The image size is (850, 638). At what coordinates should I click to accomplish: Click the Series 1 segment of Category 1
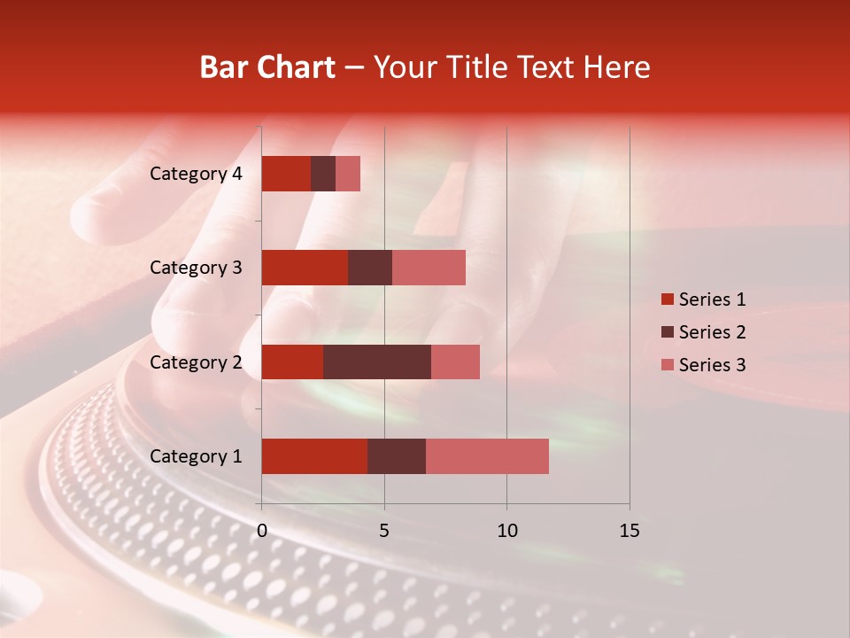[314, 456]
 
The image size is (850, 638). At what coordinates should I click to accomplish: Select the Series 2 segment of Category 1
[397, 456]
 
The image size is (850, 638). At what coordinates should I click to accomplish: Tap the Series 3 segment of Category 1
[487, 456]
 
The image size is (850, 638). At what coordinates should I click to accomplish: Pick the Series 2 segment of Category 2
[377, 362]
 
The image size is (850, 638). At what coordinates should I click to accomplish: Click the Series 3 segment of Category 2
[455, 362]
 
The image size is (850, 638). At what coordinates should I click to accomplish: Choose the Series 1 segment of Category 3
[305, 268]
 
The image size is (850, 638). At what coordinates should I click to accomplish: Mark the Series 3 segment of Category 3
[429, 268]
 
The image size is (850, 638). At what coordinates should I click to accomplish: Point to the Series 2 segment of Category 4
[323, 174]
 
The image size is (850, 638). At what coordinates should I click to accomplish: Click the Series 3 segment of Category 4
[348, 174]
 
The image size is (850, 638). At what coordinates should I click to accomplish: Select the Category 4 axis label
[196, 174]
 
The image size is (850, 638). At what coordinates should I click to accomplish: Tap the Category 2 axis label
[196, 362]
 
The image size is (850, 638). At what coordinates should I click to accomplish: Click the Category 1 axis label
[196, 456]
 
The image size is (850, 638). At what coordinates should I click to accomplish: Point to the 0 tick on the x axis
[262, 531]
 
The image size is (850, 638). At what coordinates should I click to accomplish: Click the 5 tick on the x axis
[384, 531]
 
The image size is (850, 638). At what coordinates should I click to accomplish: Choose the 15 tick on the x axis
[630, 531]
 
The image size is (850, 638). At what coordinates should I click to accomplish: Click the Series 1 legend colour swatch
[667, 300]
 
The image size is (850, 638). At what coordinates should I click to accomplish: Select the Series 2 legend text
[712, 332]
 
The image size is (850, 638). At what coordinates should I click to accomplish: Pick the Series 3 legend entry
[703, 365]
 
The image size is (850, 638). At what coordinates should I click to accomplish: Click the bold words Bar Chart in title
[267, 67]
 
